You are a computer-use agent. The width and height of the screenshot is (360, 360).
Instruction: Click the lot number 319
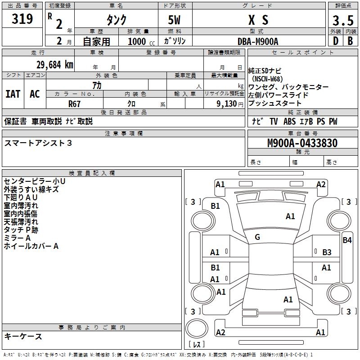(22, 19)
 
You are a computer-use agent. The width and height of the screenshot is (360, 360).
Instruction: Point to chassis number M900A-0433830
(302, 143)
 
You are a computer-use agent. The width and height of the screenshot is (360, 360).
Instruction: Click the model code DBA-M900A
(258, 41)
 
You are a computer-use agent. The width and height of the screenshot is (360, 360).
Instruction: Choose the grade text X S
(258, 20)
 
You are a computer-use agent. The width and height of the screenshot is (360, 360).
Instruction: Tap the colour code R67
(74, 103)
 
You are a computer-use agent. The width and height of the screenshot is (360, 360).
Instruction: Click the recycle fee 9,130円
(230, 103)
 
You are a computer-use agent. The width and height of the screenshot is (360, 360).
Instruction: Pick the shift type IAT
(13, 94)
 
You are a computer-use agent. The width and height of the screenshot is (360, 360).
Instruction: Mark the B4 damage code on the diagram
(346, 240)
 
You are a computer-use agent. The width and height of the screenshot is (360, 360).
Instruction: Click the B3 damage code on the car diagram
(327, 252)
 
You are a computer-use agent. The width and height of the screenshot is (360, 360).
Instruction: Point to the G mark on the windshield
(257, 237)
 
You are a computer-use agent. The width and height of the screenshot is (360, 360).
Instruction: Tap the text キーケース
(23, 337)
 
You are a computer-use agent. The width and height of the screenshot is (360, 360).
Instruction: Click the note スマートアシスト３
(38, 143)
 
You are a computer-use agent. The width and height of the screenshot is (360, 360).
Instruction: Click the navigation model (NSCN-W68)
(266, 79)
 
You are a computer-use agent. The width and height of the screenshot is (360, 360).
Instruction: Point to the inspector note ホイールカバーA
(31, 246)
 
